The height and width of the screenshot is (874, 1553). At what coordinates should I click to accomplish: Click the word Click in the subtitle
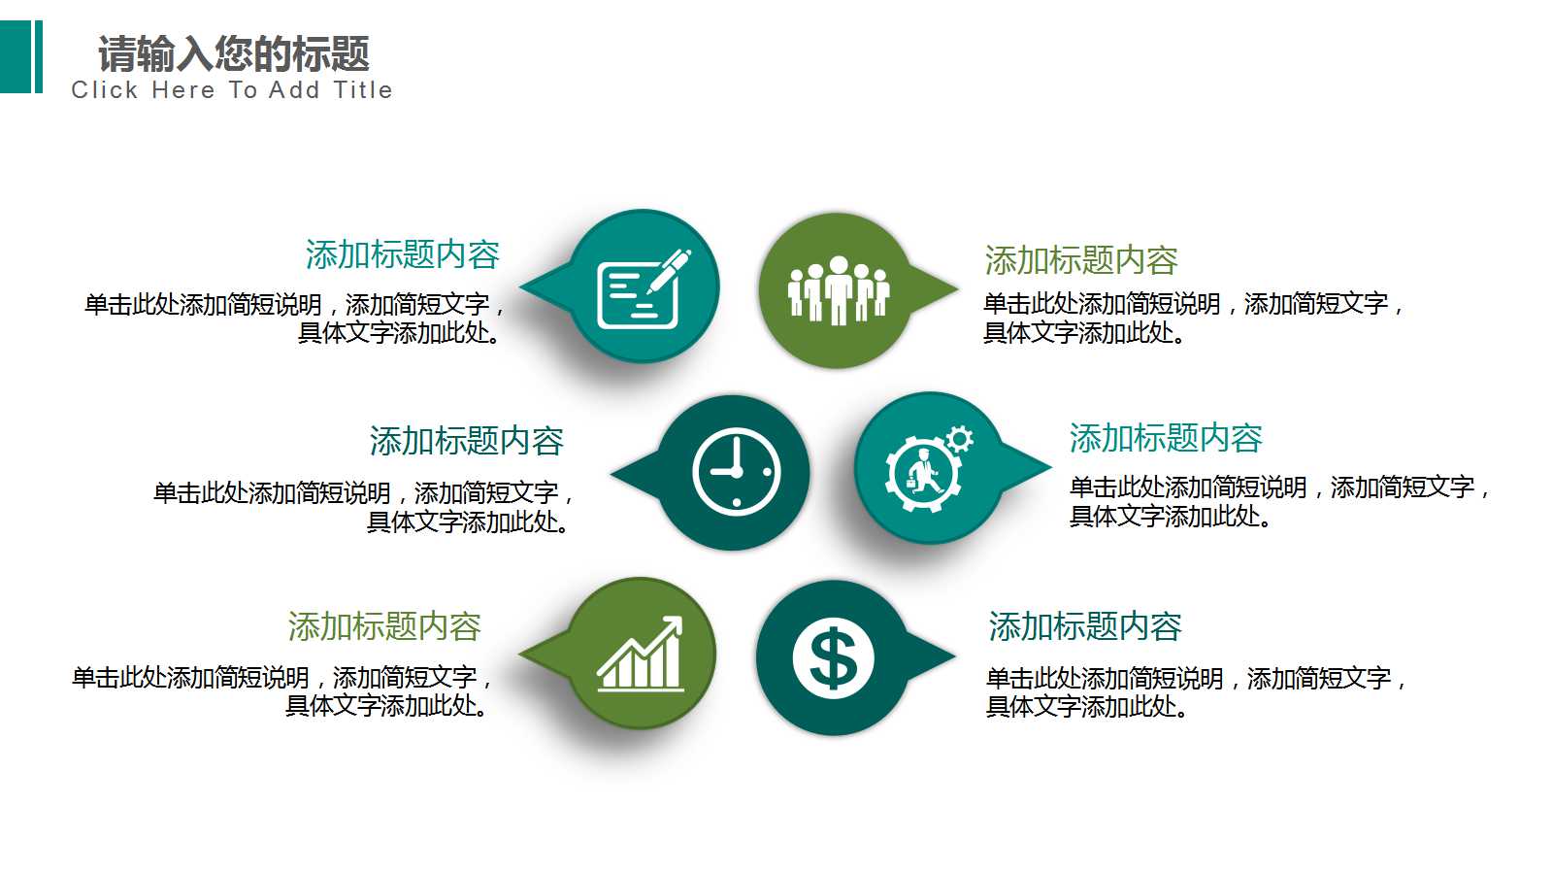(105, 90)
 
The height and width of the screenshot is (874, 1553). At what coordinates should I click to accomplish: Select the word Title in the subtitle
(363, 90)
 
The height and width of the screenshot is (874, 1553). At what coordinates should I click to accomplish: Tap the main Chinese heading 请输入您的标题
(233, 54)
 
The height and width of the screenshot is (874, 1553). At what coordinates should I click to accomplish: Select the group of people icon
(838, 290)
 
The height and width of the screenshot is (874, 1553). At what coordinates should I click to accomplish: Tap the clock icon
(736, 472)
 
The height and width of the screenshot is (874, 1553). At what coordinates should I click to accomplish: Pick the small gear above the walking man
(959, 439)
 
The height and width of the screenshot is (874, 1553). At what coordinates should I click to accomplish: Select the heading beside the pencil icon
(402, 255)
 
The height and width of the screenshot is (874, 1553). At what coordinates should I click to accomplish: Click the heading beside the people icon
(1081, 260)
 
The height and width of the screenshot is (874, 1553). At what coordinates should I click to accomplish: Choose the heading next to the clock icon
(466, 441)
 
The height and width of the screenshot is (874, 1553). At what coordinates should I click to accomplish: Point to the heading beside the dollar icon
(1085, 626)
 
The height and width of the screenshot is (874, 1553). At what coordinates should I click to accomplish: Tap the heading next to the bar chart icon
(384, 626)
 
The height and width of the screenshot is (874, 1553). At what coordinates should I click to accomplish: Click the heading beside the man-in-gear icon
(1166, 438)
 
